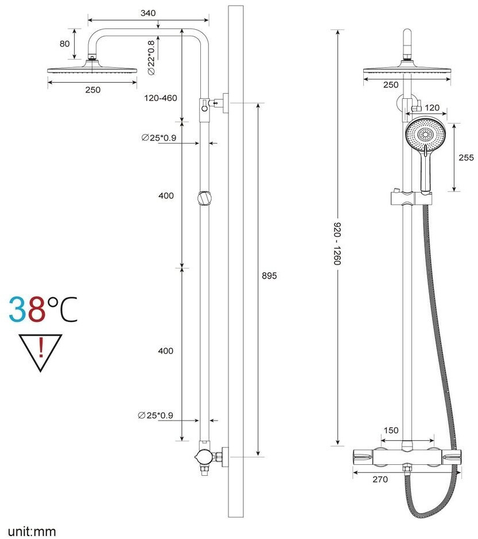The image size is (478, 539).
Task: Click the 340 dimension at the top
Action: point(148,13)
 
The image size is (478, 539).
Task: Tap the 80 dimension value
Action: point(65,44)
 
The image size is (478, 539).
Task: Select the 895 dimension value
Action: point(269,276)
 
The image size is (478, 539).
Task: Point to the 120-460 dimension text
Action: point(160,98)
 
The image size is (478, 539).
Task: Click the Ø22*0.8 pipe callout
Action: point(151,57)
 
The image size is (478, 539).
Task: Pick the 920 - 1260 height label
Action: point(337,244)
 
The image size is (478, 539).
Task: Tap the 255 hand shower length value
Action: point(466,157)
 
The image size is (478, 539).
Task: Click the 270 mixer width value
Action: point(380,479)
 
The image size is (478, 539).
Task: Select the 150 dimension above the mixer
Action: point(391,430)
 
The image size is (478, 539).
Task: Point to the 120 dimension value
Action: point(432,107)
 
